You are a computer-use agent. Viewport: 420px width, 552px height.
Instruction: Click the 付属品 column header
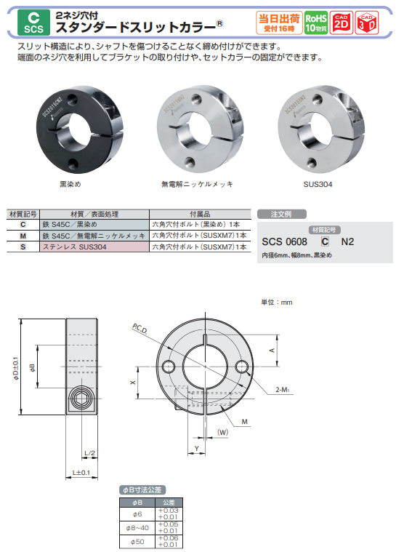(x=200, y=215)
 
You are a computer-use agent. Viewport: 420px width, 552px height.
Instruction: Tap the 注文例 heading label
(x=280, y=215)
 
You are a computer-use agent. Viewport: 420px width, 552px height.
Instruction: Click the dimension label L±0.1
(x=81, y=473)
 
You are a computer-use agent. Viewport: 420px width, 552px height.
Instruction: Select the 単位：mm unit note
(x=276, y=302)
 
